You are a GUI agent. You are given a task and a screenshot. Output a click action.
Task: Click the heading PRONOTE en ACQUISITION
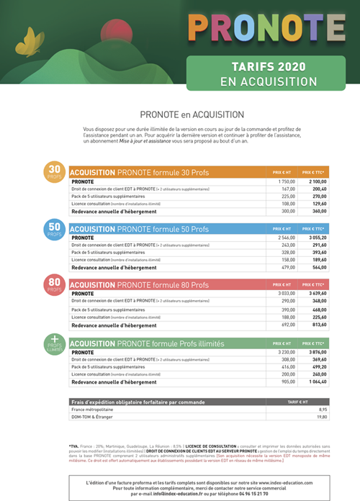pos(192,114)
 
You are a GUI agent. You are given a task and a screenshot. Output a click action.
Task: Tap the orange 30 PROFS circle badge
pos(55,172)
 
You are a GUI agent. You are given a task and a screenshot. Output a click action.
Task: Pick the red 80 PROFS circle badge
pos(55,285)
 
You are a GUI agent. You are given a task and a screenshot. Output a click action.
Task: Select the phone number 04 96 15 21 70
pos(249,493)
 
